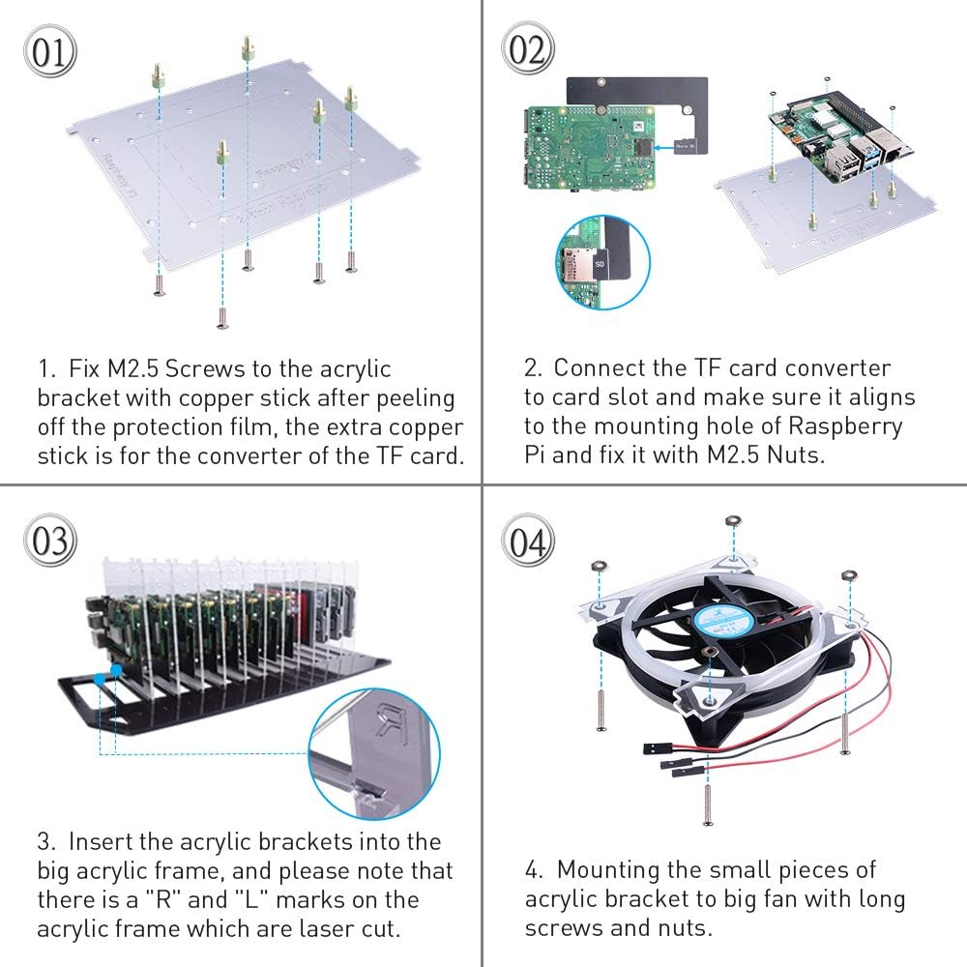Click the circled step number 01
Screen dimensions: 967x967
click(48, 53)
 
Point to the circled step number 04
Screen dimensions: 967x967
click(528, 542)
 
